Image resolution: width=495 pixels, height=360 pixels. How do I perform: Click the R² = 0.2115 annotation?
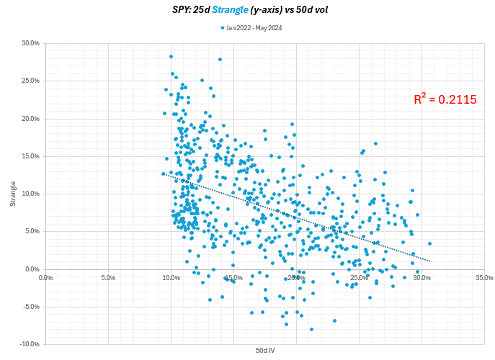445,100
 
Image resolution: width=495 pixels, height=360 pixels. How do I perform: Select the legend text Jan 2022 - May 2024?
254,28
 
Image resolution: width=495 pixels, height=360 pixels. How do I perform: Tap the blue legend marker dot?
223,28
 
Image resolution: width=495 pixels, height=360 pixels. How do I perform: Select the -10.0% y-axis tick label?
29,344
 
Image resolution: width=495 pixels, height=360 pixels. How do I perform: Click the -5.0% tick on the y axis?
30,307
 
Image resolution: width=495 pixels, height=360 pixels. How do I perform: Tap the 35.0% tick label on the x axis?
483,278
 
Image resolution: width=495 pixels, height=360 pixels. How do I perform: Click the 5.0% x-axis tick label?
108,278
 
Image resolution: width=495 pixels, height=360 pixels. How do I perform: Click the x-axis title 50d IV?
264,350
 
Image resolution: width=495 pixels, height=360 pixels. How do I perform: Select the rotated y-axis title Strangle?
13,194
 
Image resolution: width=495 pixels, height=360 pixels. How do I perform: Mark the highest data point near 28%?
171,56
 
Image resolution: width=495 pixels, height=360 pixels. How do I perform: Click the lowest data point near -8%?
311,329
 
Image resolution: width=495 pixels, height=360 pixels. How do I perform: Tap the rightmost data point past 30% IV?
429,243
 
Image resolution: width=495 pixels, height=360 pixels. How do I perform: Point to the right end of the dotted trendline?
429,261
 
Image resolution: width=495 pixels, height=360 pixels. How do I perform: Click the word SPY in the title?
180,9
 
